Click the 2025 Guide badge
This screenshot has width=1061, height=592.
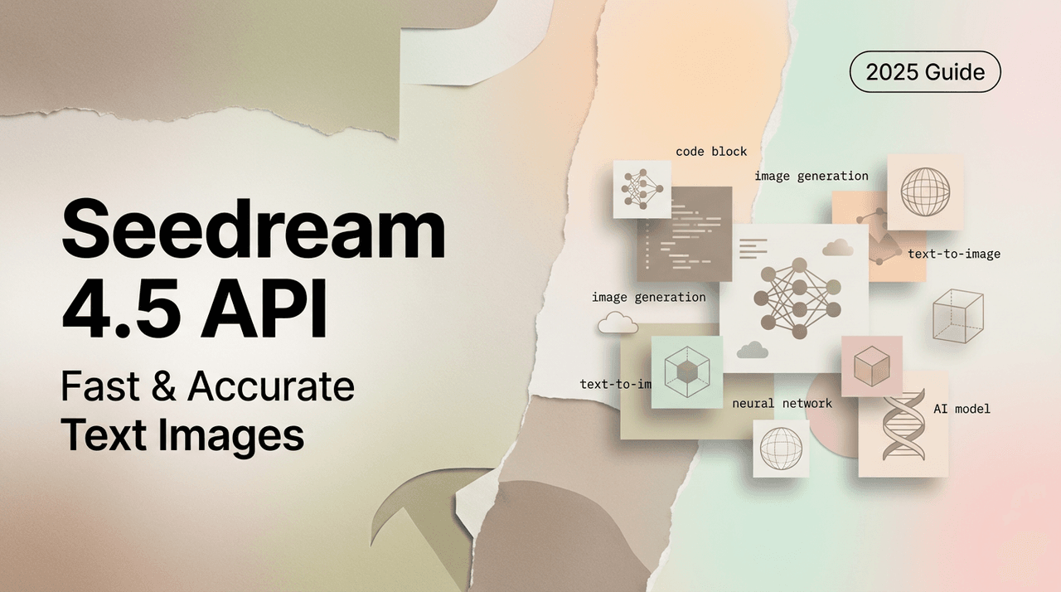925,73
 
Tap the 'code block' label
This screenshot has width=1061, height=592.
711,152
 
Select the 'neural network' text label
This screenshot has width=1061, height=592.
782,404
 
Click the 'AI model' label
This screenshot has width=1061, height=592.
962,409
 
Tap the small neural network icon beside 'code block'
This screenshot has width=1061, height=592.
642,190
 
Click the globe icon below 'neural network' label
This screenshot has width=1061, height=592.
781,449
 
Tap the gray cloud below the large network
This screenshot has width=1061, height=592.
752,350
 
